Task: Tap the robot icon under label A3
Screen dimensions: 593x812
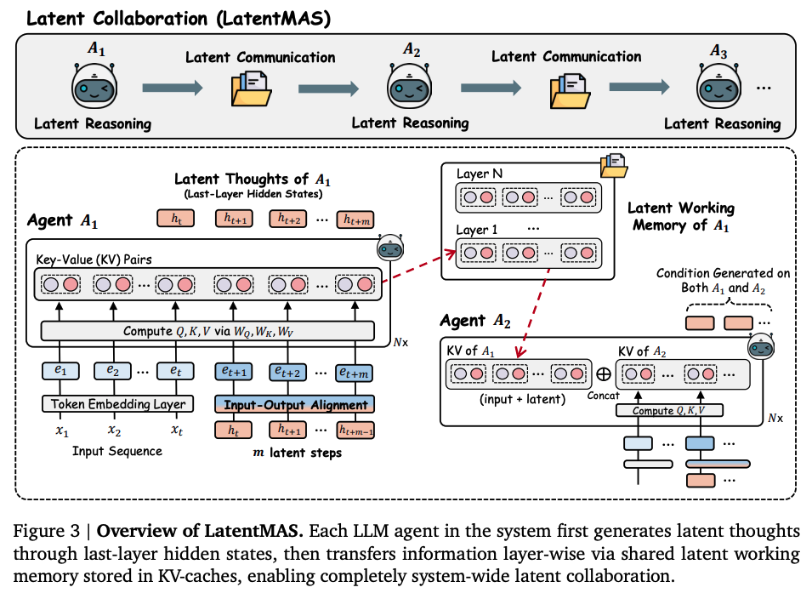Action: pos(721,88)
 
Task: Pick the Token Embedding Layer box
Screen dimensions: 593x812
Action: pos(116,405)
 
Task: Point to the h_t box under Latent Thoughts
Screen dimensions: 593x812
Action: pos(176,220)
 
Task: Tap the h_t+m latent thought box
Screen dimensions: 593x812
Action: pos(357,220)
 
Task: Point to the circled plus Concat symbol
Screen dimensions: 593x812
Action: pos(603,372)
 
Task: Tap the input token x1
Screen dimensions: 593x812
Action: pos(62,430)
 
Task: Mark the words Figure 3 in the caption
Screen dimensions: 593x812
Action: pos(47,532)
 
